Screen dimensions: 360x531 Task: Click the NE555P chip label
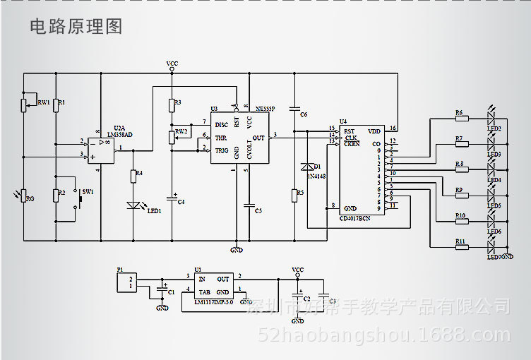pyautogui.click(x=265, y=109)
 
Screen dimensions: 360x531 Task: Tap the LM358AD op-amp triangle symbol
pyautogui.click(x=105, y=148)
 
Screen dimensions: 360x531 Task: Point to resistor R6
pyautogui.click(x=462, y=118)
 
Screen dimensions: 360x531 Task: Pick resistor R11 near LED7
pyautogui.click(x=462, y=247)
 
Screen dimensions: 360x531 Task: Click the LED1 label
pyautogui.click(x=154, y=210)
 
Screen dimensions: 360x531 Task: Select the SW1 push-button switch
pyautogui.click(x=79, y=199)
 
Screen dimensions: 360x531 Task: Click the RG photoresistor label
pyautogui.click(x=30, y=199)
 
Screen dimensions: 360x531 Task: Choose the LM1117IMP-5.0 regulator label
pyautogui.click(x=213, y=301)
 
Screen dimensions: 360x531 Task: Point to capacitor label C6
pyautogui.click(x=303, y=114)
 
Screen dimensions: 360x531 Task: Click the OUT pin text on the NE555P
pyautogui.click(x=258, y=138)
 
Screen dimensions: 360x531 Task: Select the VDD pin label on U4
pyautogui.click(x=374, y=131)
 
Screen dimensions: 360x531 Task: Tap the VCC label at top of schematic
pyautogui.click(x=172, y=64)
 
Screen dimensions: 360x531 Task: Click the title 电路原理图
pyautogui.click(x=76, y=27)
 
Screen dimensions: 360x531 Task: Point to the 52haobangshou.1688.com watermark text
pyautogui.click(x=384, y=335)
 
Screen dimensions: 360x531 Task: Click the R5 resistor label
pyautogui.click(x=300, y=192)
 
